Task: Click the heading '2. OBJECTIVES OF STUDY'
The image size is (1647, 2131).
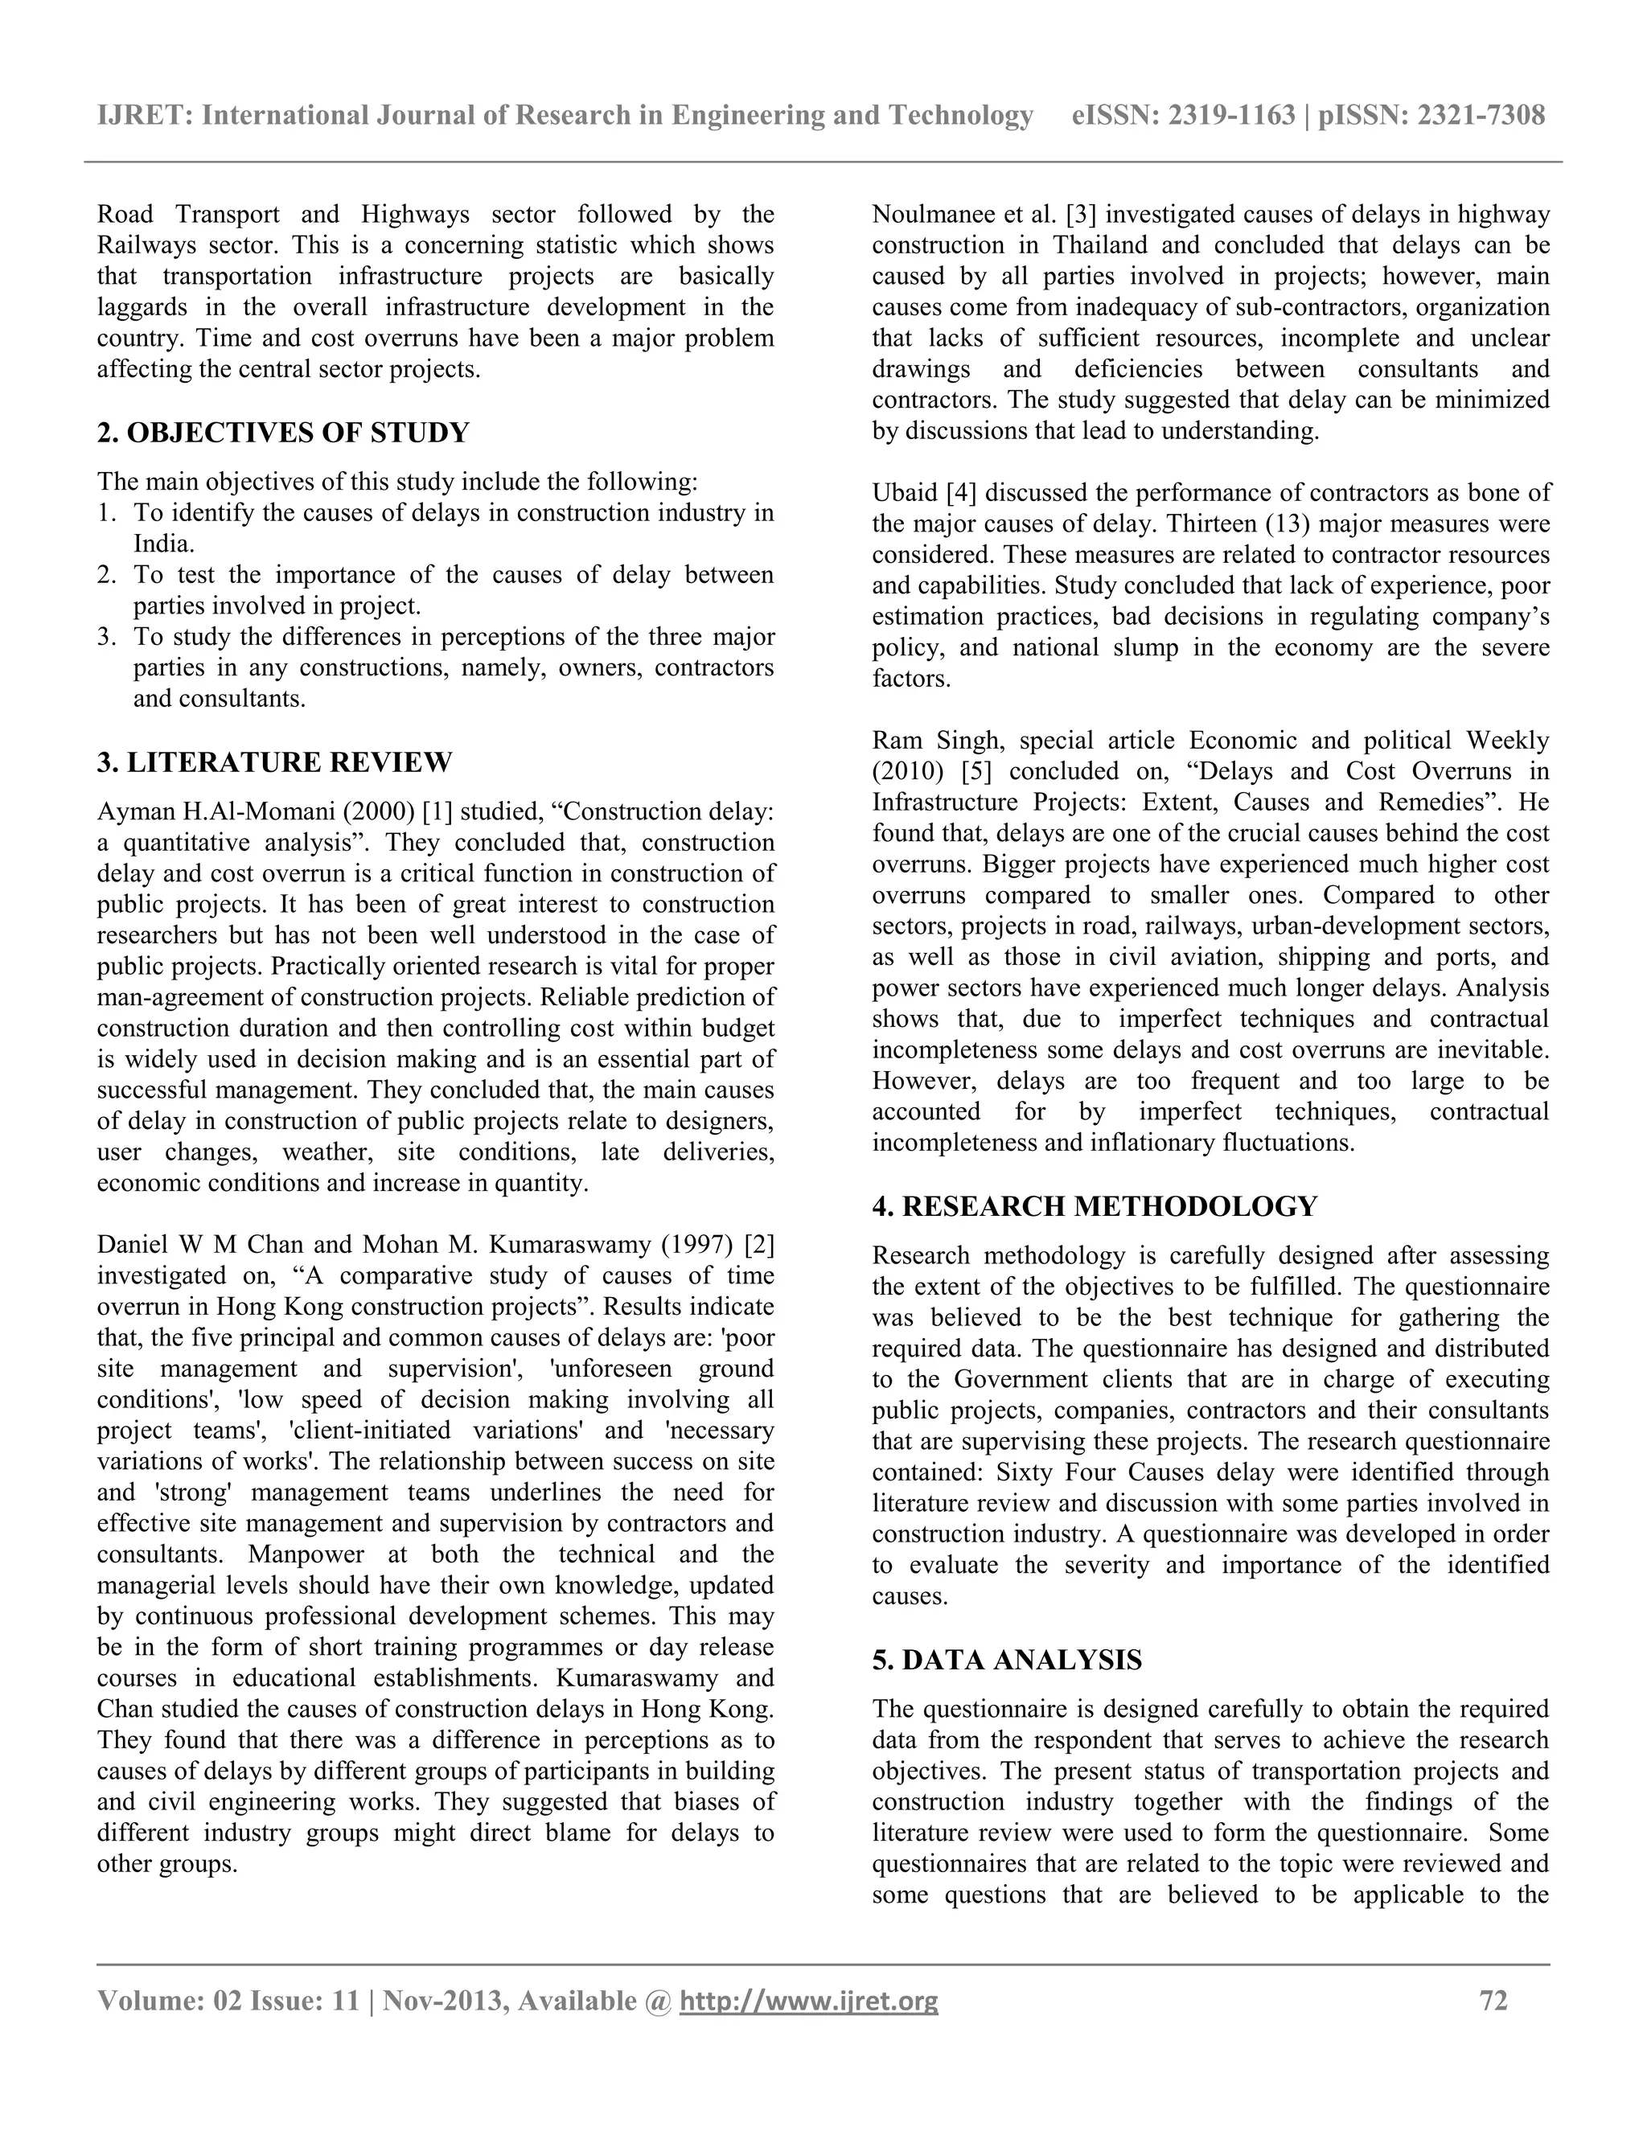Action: click(x=283, y=433)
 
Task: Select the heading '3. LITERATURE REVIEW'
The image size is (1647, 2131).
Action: click(x=274, y=762)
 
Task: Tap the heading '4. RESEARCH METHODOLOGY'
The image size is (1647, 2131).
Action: click(x=1095, y=1206)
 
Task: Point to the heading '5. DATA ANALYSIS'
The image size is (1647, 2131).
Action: click(x=1007, y=1660)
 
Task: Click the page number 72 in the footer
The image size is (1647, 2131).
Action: click(x=1494, y=2002)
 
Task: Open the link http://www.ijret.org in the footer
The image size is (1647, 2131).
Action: click(x=808, y=2002)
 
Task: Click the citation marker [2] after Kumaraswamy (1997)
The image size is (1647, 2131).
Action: click(x=759, y=1244)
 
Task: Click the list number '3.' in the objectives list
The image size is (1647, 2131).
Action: click(x=106, y=637)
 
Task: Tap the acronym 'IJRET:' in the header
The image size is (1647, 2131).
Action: click(x=145, y=116)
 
